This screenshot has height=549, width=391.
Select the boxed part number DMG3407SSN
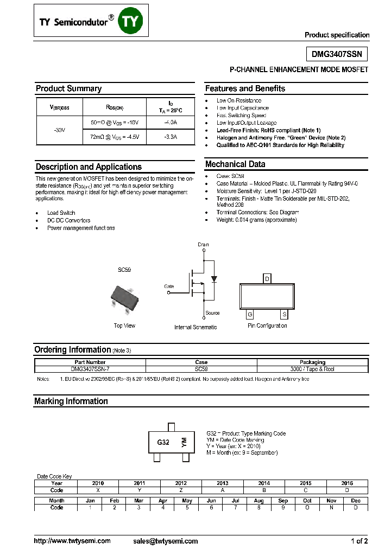(336, 54)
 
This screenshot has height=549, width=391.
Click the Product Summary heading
(68, 88)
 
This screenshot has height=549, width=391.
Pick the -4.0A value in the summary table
(170, 123)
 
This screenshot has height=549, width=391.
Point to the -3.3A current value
(170, 138)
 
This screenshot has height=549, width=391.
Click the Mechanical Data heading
(235, 164)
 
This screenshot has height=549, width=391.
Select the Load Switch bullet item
(61, 213)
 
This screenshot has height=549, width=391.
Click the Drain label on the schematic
(203, 245)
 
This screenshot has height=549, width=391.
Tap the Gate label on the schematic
(169, 286)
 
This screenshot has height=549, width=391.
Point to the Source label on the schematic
(212, 313)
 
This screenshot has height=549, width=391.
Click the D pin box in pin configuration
(267, 278)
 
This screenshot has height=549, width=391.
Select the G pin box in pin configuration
(250, 314)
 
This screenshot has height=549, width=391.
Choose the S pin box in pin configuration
(283, 314)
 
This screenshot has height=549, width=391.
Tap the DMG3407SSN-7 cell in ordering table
(90, 369)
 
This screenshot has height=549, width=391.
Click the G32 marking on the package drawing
(163, 442)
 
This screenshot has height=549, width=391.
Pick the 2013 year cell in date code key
(222, 483)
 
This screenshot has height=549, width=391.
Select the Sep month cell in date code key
(283, 500)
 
